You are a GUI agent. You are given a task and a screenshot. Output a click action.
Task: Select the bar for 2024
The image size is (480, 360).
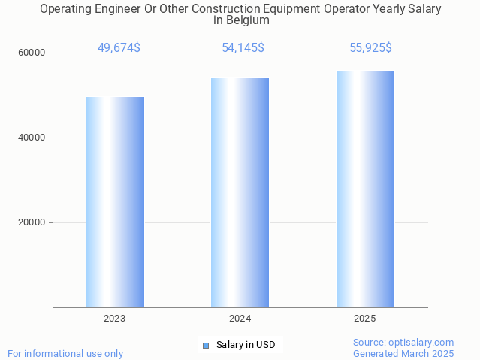click(x=240, y=192)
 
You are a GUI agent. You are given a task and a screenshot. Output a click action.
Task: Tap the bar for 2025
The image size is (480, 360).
click(x=365, y=189)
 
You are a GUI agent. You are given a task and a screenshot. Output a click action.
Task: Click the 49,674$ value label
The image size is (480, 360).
click(x=119, y=48)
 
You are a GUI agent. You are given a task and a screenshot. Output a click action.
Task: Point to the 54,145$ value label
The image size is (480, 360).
click(x=243, y=48)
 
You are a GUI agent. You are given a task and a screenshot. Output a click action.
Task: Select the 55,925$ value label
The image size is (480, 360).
click(x=370, y=48)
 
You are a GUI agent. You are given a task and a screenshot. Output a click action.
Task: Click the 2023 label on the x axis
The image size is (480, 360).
click(x=115, y=319)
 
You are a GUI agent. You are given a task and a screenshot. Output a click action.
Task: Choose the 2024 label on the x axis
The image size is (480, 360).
click(x=240, y=319)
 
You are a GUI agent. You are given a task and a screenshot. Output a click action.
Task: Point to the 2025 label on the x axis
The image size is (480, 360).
click(x=365, y=319)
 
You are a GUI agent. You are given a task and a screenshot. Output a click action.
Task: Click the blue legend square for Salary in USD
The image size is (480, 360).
click(x=205, y=346)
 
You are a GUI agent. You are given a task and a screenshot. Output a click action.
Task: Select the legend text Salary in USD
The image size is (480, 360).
click(x=246, y=346)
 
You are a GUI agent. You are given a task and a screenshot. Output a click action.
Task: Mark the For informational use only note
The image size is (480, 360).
click(x=65, y=354)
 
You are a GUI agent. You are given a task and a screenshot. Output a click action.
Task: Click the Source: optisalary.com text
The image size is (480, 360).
click(x=403, y=343)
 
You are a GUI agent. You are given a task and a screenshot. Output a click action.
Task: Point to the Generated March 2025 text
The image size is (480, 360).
click(x=403, y=354)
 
